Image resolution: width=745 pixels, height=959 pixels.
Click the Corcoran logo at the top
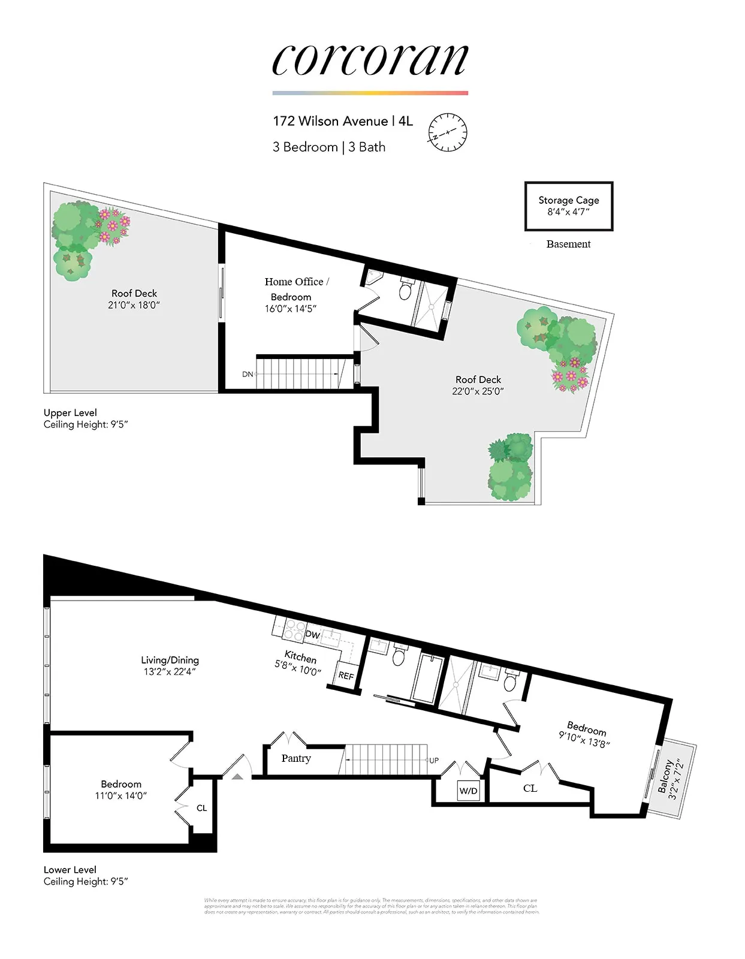[x=370, y=61]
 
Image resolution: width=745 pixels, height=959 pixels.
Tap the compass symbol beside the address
[x=447, y=132]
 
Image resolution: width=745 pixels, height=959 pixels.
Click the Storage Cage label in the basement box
[x=568, y=200]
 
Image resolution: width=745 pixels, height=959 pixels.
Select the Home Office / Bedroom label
[x=297, y=288]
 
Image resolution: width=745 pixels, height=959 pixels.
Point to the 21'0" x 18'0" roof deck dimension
[x=134, y=305]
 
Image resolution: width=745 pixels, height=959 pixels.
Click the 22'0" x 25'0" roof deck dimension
[x=478, y=391]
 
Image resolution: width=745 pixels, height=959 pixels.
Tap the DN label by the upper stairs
[x=248, y=374]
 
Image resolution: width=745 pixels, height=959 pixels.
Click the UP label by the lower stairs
[x=434, y=760]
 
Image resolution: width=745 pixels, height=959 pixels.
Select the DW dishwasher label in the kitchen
[x=313, y=634]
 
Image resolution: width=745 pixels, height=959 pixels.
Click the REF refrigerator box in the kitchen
[x=346, y=675]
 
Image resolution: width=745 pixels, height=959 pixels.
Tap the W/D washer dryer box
[x=469, y=791]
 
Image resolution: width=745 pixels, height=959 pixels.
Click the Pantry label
[x=296, y=758]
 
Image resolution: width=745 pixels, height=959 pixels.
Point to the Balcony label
[x=665, y=777]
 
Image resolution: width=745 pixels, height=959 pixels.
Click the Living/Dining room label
[x=170, y=660]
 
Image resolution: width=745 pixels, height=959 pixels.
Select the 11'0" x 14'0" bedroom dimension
[x=121, y=796]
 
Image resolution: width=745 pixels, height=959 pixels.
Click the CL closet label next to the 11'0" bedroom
[x=202, y=808]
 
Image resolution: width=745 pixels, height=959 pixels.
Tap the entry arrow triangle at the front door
[x=237, y=776]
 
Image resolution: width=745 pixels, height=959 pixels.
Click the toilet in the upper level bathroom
[x=406, y=291]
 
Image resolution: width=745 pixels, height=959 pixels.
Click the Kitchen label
[x=301, y=656]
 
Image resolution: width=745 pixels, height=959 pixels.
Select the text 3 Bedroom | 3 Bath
[x=328, y=147]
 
